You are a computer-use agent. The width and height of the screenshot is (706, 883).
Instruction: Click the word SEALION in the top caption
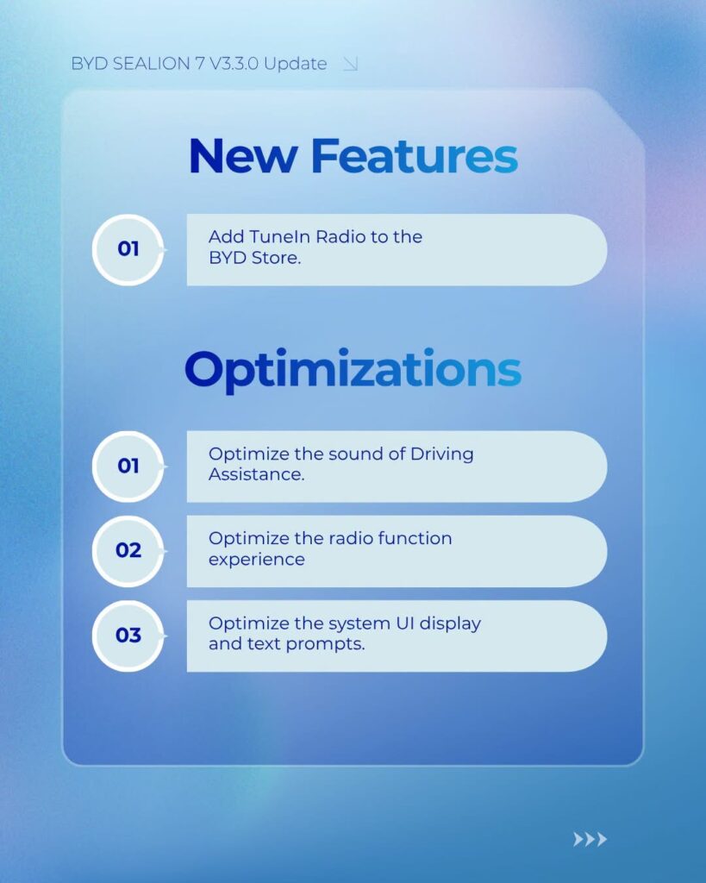tap(151, 64)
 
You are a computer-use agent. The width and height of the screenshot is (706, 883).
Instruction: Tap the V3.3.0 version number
tap(234, 64)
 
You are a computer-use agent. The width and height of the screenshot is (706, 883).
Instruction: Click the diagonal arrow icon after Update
tap(350, 64)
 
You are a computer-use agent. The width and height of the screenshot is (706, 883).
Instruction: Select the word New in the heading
tap(243, 156)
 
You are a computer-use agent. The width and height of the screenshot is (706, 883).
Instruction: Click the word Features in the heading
tap(415, 156)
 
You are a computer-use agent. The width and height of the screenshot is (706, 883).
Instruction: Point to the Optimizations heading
tap(353, 370)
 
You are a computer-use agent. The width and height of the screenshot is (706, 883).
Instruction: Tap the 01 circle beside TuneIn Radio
tap(128, 249)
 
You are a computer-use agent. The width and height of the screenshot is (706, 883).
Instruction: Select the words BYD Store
tap(254, 258)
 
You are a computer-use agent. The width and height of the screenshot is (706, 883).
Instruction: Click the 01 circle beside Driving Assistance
tap(128, 467)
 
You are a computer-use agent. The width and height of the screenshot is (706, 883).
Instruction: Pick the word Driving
tap(442, 454)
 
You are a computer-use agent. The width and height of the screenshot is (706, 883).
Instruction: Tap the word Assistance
tap(256, 475)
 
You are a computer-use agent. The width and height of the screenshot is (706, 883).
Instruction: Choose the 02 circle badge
tap(128, 551)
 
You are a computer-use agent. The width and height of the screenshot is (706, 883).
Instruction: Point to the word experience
tap(257, 560)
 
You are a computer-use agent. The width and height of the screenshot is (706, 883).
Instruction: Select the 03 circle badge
tap(128, 636)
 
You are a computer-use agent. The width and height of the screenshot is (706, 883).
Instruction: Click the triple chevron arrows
tap(590, 839)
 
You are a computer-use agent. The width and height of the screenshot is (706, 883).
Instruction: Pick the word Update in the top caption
tap(295, 64)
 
